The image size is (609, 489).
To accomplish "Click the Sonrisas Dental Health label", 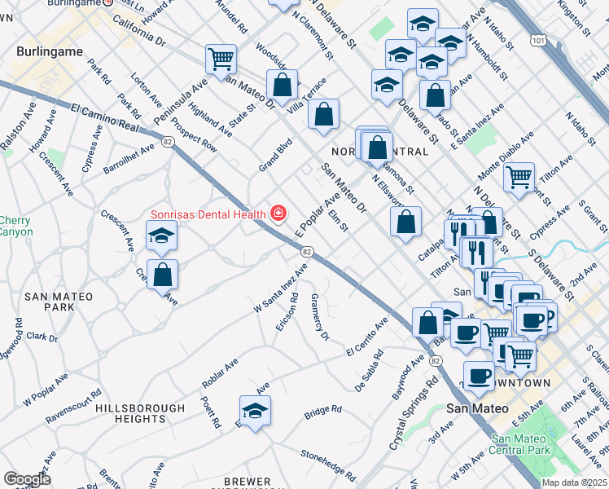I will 208,214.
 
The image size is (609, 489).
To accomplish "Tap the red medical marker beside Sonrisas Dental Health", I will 278,214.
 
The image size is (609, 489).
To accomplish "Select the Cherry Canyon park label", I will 15,226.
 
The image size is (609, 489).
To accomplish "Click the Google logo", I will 27,479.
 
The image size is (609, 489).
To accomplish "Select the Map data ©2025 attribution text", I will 573,482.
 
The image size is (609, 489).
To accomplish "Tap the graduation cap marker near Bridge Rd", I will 255,411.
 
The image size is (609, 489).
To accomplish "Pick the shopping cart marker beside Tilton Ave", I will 519,177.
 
